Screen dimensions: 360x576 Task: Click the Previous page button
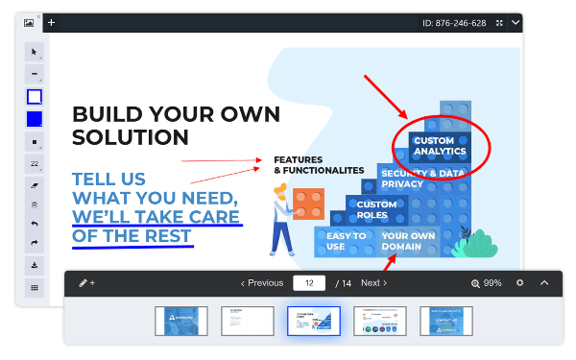[x=261, y=283]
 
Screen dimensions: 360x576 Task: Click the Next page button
[x=373, y=283]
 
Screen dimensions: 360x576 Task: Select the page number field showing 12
[x=309, y=283]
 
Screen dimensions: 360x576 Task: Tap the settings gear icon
[x=519, y=283]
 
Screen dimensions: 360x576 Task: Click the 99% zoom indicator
[x=487, y=283]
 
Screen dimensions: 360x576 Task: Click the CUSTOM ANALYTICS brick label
[x=440, y=146]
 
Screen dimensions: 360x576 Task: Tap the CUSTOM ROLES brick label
[x=376, y=209]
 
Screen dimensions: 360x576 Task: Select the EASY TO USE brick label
[x=346, y=240]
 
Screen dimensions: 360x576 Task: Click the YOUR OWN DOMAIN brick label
[x=409, y=240]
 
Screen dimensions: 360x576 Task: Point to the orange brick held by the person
[x=307, y=203]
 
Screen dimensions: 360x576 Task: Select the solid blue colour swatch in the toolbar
[x=35, y=119]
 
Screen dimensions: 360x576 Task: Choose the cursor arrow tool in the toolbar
[x=35, y=52]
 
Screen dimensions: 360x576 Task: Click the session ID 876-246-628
[x=454, y=22]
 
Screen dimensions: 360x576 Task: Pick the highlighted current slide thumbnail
[x=314, y=322]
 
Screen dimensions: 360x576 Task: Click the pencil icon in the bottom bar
[x=84, y=283]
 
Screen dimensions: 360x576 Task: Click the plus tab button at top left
[x=52, y=22]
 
